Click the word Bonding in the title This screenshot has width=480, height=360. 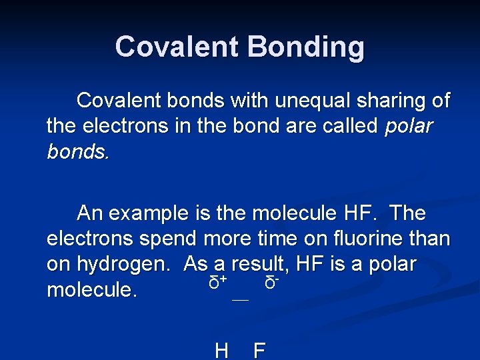[307, 47]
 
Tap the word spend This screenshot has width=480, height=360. [167, 238]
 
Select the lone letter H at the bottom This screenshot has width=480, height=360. [222, 351]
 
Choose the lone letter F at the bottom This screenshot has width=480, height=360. [259, 351]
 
